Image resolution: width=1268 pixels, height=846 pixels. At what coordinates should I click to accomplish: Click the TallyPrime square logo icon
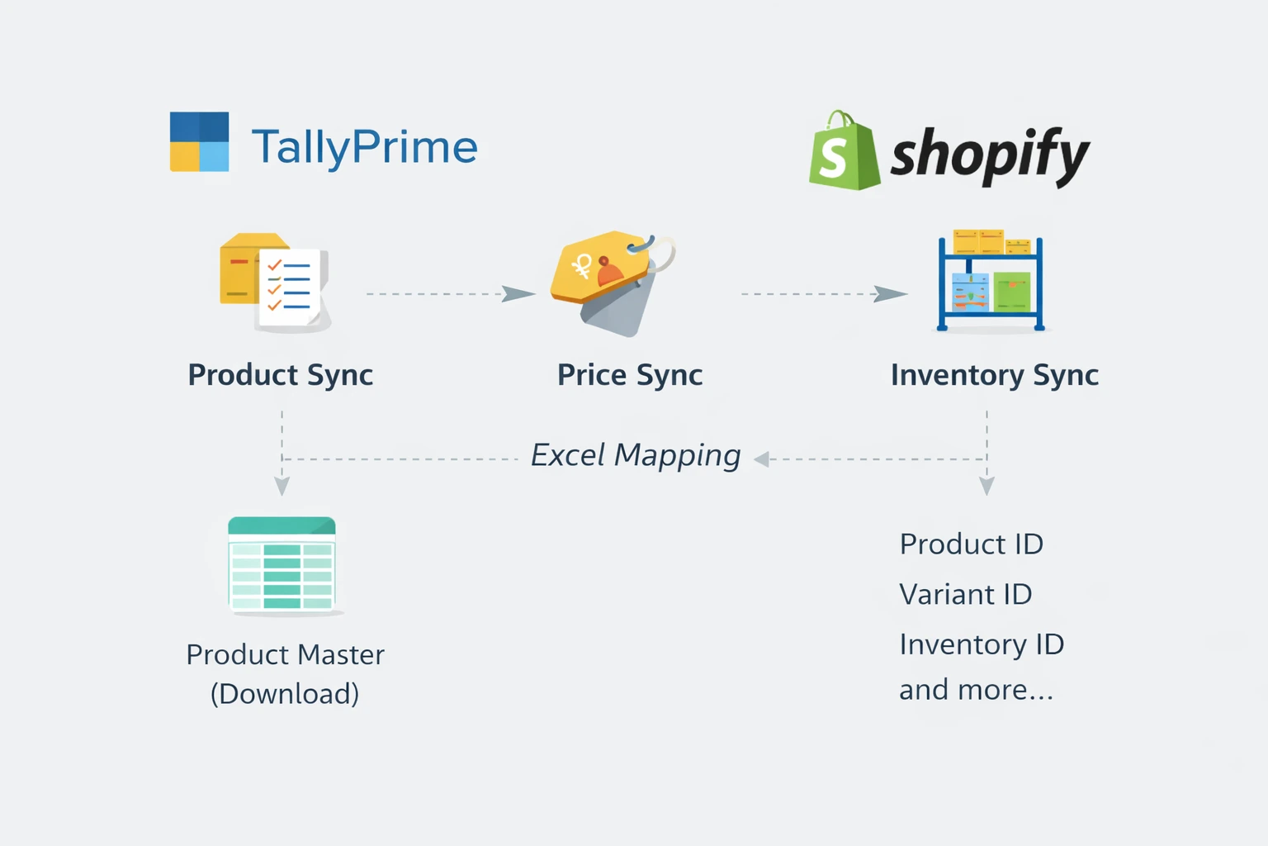(x=199, y=142)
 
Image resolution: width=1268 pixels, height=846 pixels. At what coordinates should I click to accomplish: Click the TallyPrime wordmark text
(x=364, y=147)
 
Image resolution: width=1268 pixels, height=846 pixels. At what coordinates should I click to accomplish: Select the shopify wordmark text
(x=990, y=154)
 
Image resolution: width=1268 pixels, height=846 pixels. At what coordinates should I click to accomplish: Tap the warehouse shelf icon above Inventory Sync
(x=991, y=280)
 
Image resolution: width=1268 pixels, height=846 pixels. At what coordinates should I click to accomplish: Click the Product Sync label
(x=281, y=375)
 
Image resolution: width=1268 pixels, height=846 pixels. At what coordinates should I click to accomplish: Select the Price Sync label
(x=630, y=375)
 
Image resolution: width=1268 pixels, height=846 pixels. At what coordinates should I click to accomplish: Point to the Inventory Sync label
(x=994, y=375)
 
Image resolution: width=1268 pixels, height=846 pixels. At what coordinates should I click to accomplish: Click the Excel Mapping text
(x=635, y=455)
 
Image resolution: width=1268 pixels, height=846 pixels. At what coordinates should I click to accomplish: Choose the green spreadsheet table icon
(x=282, y=565)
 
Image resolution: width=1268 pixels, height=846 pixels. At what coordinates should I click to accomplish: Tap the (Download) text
(x=285, y=694)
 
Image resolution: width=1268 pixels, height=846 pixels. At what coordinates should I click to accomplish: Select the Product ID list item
(x=971, y=544)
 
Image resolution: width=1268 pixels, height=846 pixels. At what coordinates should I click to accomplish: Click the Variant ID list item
(x=965, y=595)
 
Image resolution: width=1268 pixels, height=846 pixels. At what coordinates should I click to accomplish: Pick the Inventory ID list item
(x=981, y=644)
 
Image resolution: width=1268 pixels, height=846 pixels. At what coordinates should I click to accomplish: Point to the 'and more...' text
(x=975, y=690)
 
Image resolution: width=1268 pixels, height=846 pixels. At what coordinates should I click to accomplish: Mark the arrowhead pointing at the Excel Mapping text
(x=762, y=459)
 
